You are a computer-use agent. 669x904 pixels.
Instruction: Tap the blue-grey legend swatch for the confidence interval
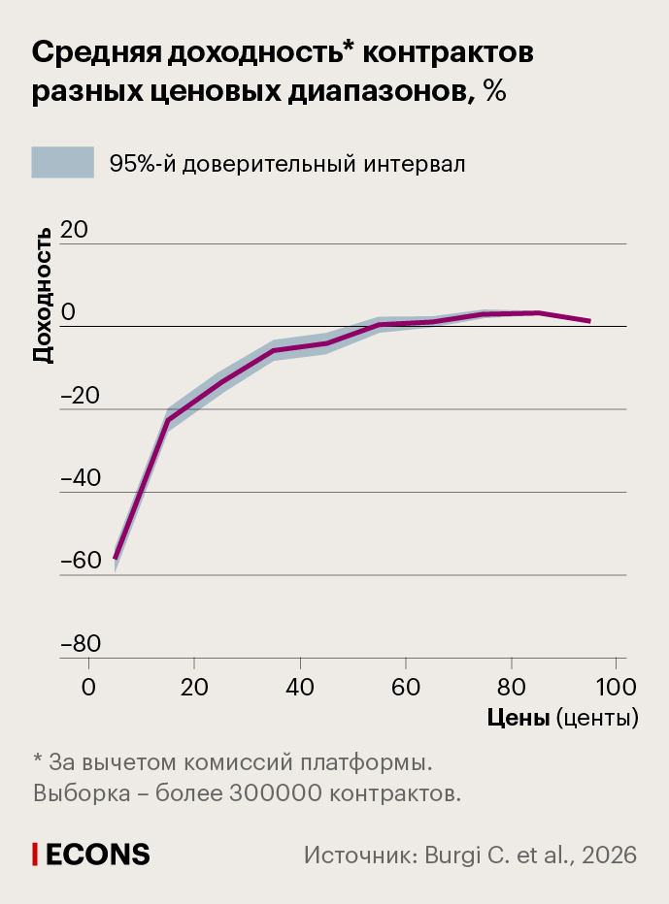[63, 163]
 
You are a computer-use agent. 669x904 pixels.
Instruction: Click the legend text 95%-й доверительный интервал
[287, 164]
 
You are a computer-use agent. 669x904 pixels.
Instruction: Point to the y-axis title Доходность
[43, 295]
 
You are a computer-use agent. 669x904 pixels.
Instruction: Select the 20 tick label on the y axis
[74, 230]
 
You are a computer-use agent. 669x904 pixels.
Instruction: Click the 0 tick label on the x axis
[89, 688]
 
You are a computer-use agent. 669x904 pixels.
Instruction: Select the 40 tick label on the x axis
[300, 688]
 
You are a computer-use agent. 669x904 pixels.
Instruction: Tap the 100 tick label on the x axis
[615, 688]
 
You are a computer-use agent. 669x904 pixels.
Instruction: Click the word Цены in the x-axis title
[518, 718]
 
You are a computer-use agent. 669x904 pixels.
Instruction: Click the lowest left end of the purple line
[116, 558]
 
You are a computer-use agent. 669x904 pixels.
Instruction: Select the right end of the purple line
[589, 321]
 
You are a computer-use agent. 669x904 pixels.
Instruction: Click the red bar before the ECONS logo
[36, 854]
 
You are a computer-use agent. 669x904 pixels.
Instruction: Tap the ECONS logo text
[97, 854]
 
